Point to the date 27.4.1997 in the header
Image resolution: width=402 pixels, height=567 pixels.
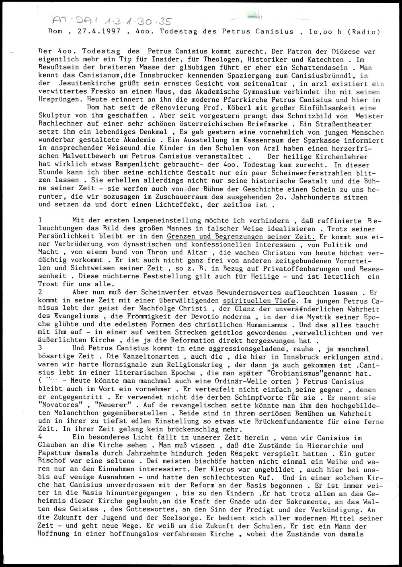point(81,32)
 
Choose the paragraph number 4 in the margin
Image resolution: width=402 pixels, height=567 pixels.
point(39,437)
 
